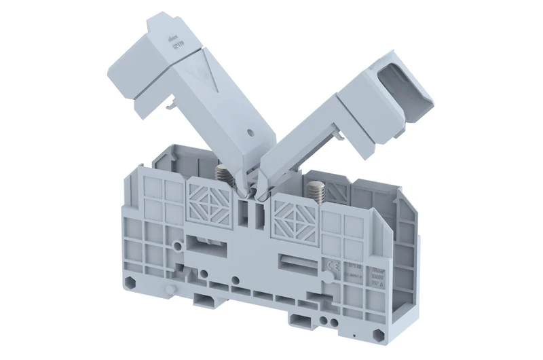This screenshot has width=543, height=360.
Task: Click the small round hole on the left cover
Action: click(252, 132)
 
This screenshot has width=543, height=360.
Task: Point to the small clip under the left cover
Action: click(166, 103)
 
